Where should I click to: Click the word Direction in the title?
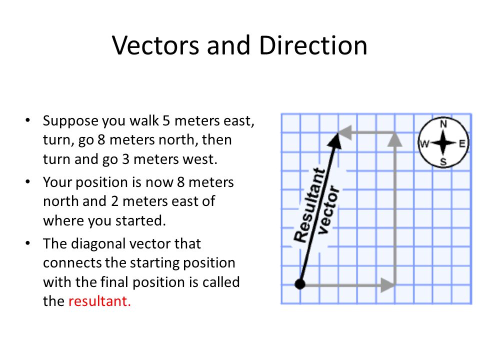pos(313,45)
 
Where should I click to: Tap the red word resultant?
pos(99,301)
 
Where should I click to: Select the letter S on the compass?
pos(443,161)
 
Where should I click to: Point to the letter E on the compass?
pos(462,143)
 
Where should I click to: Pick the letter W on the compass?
pos(424,143)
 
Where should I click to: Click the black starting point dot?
pos(300,284)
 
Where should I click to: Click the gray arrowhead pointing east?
pos(388,285)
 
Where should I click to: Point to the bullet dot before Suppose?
pos(28,121)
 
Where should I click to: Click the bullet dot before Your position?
pos(28,182)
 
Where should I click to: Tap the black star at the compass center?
pos(443,143)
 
